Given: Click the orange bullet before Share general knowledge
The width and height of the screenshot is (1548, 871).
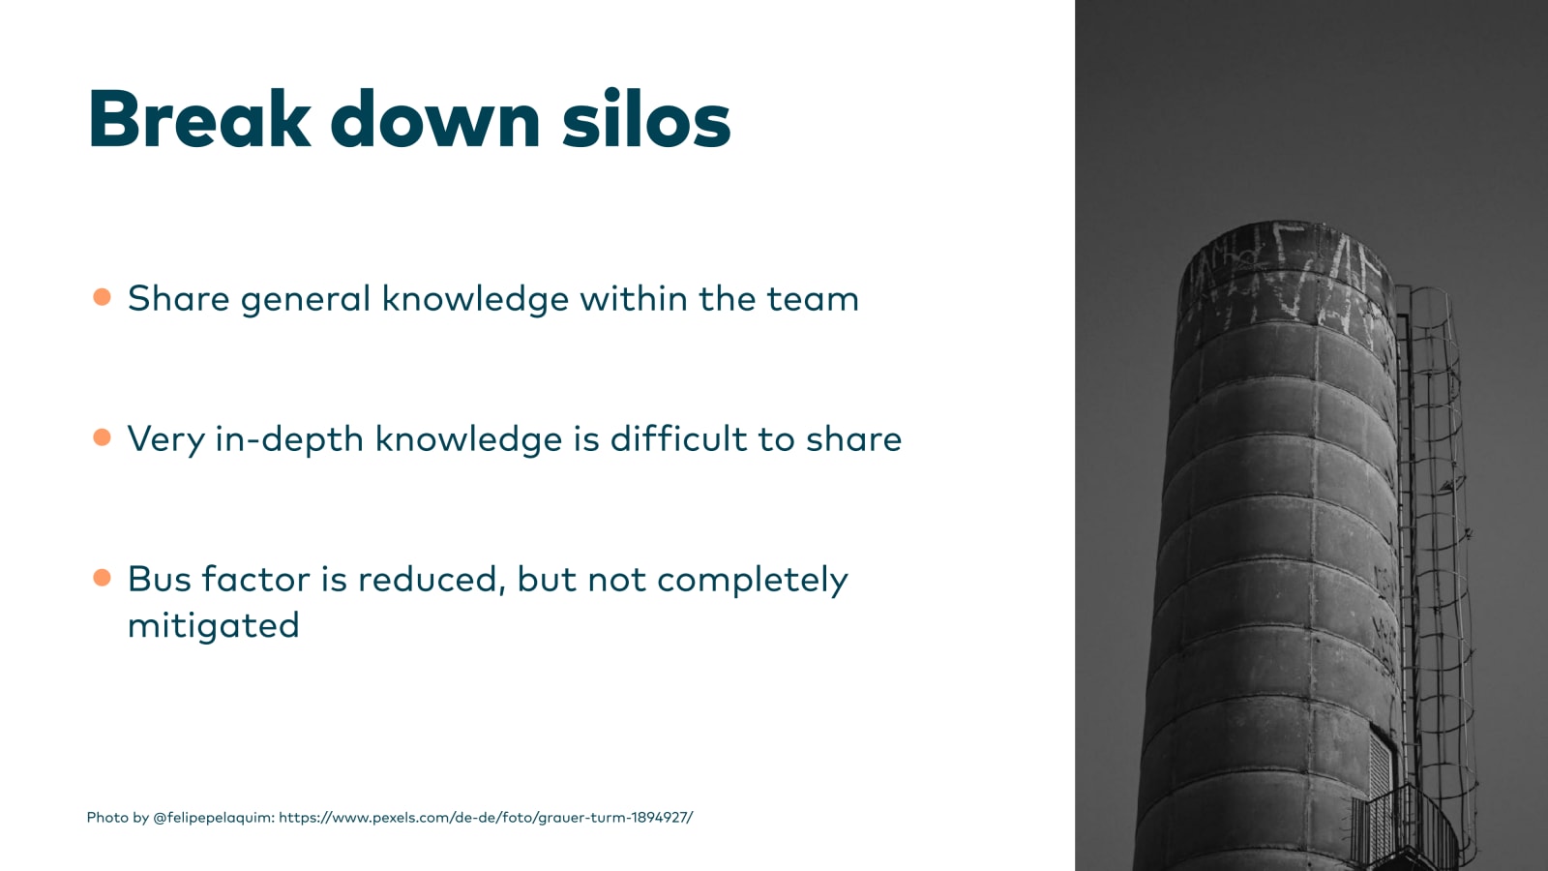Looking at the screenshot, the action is click(102, 297).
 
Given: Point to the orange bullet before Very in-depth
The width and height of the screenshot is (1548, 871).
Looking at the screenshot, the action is click(102, 437).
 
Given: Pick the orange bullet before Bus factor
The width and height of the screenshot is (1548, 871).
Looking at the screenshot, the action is click(102, 578).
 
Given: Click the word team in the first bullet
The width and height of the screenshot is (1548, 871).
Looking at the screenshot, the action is click(813, 300).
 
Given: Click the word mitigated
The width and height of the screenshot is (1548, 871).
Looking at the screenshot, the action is click(214, 625).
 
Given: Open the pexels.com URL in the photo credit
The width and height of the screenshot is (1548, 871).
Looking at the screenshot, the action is click(486, 818).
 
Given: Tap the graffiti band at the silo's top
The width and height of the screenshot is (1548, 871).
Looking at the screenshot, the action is click(1287, 277).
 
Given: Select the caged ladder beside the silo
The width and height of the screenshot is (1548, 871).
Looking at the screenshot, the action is click(1434, 553).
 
